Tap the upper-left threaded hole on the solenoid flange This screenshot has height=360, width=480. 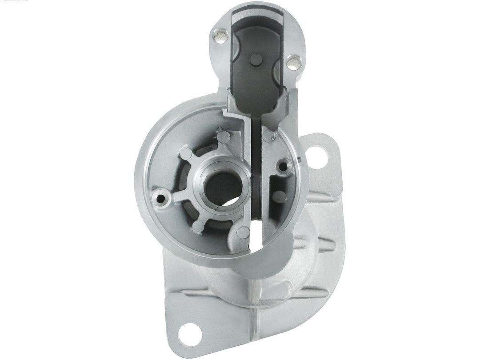219,35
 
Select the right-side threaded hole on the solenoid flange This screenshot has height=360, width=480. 292,62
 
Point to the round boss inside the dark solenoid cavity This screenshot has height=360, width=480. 256,59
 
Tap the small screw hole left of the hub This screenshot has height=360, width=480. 160,196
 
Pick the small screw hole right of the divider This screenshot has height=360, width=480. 282,167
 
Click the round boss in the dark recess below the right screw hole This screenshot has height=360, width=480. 279,196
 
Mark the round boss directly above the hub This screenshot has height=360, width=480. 223,136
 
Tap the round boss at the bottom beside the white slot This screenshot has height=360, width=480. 242,232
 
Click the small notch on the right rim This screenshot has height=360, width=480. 300,159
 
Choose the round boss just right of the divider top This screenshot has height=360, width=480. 268,135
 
